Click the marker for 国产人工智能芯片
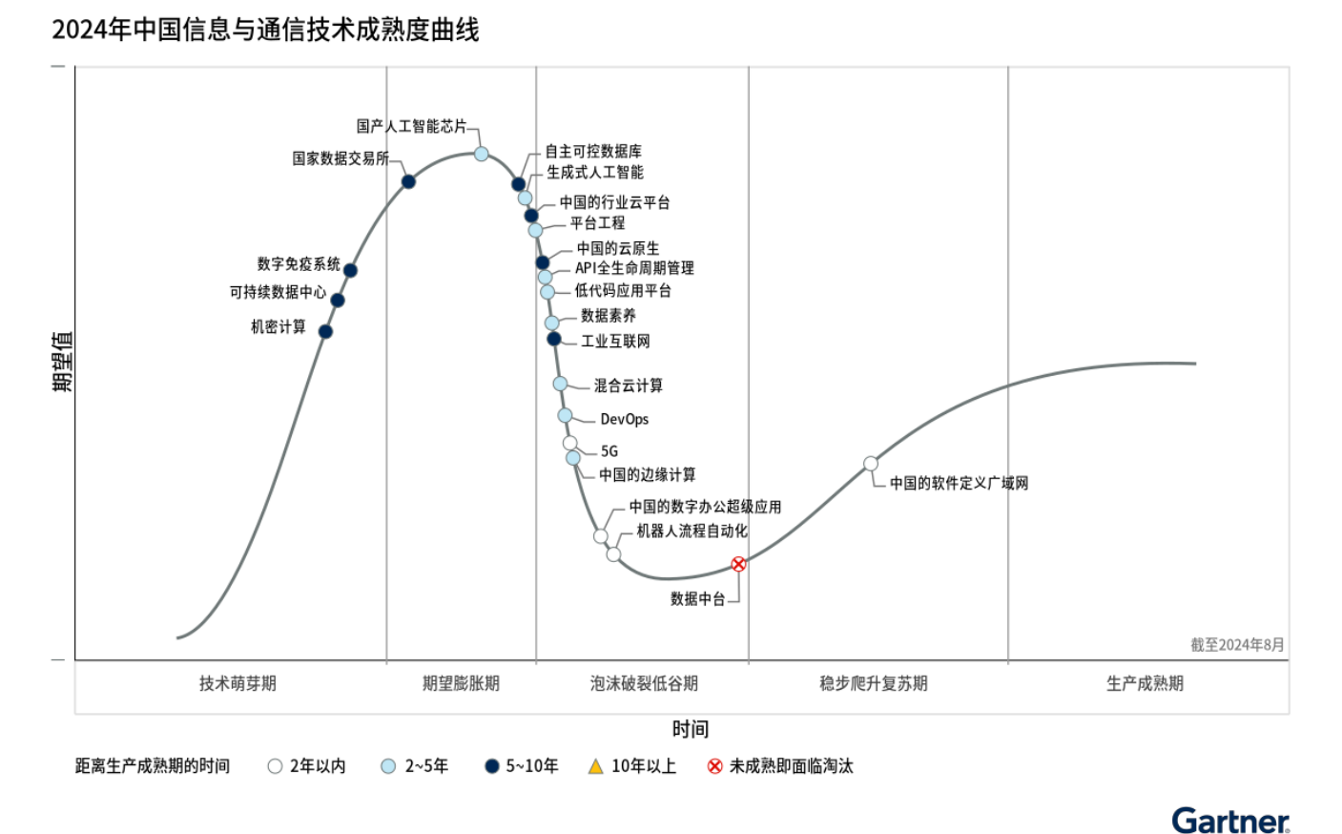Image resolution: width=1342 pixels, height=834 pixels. pyautogui.click(x=482, y=154)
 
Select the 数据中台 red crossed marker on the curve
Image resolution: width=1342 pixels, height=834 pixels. pyautogui.click(x=738, y=564)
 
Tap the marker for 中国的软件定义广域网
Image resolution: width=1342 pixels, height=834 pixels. pyautogui.click(x=871, y=464)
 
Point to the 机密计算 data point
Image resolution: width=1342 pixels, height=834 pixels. pyautogui.click(x=325, y=332)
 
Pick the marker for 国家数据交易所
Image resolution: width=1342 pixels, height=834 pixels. pyautogui.click(x=408, y=181)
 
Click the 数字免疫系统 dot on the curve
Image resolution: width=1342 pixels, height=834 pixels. pyautogui.click(x=350, y=271)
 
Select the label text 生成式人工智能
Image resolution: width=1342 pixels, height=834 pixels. pyautogui.click(x=594, y=173)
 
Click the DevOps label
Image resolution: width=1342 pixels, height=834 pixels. pyautogui.click(x=624, y=419)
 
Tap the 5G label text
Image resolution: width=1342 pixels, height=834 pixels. pyautogui.click(x=609, y=451)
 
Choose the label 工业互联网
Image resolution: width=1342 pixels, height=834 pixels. pyautogui.click(x=615, y=341)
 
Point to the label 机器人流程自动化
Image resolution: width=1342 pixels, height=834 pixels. pyautogui.click(x=692, y=531)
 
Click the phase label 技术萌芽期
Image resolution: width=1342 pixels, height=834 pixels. pyautogui.click(x=237, y=683)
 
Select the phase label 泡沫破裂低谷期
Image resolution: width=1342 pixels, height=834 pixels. pyautogui.click(x=644, y=683)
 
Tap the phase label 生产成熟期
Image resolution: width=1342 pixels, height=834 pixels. pyautogui.click(x=1145, y=683)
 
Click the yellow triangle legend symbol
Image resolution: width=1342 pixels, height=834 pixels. pyautogui.click(x=596, y=766)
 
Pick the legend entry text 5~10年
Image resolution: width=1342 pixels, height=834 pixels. pyautogui.click(x=531, y=766)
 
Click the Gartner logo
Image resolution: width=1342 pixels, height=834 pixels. pyautogui.click(x=1230, y=821)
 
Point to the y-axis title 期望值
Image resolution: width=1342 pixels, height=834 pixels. pyautogui.click(x=62, y=362)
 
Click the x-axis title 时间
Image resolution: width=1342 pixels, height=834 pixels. pyautogui.click(x=690, y=729)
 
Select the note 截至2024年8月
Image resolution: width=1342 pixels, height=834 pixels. pyautogui.click(x=1237, y=645)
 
